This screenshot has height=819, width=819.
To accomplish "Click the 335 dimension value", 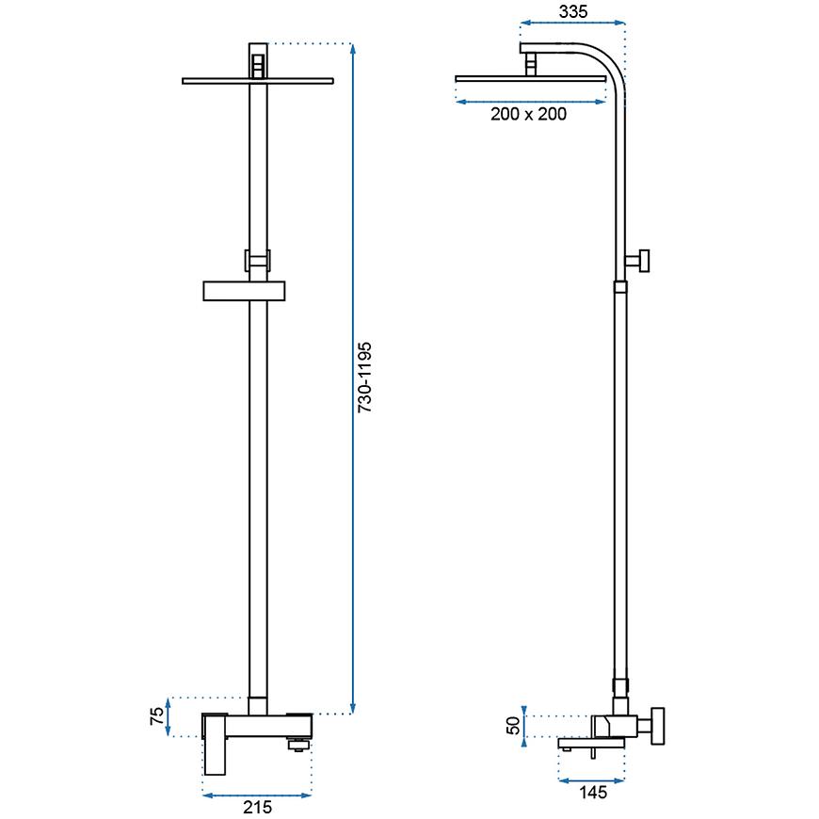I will point(572,12).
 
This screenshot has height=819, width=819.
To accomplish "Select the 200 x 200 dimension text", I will point(528,115).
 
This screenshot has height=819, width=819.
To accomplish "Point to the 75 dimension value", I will point(157,717).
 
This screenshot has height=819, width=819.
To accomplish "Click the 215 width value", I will point(257,808).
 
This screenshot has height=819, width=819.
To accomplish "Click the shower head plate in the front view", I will point(258,82).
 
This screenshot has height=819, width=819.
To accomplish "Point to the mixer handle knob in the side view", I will point(659,726).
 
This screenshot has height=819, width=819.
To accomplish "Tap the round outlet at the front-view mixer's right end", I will point(299,745).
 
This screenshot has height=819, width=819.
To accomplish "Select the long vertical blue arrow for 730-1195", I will point(352,377).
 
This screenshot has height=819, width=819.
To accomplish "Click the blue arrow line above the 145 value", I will point(592,779).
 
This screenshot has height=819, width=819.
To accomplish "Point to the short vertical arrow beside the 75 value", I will point(169,717).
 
